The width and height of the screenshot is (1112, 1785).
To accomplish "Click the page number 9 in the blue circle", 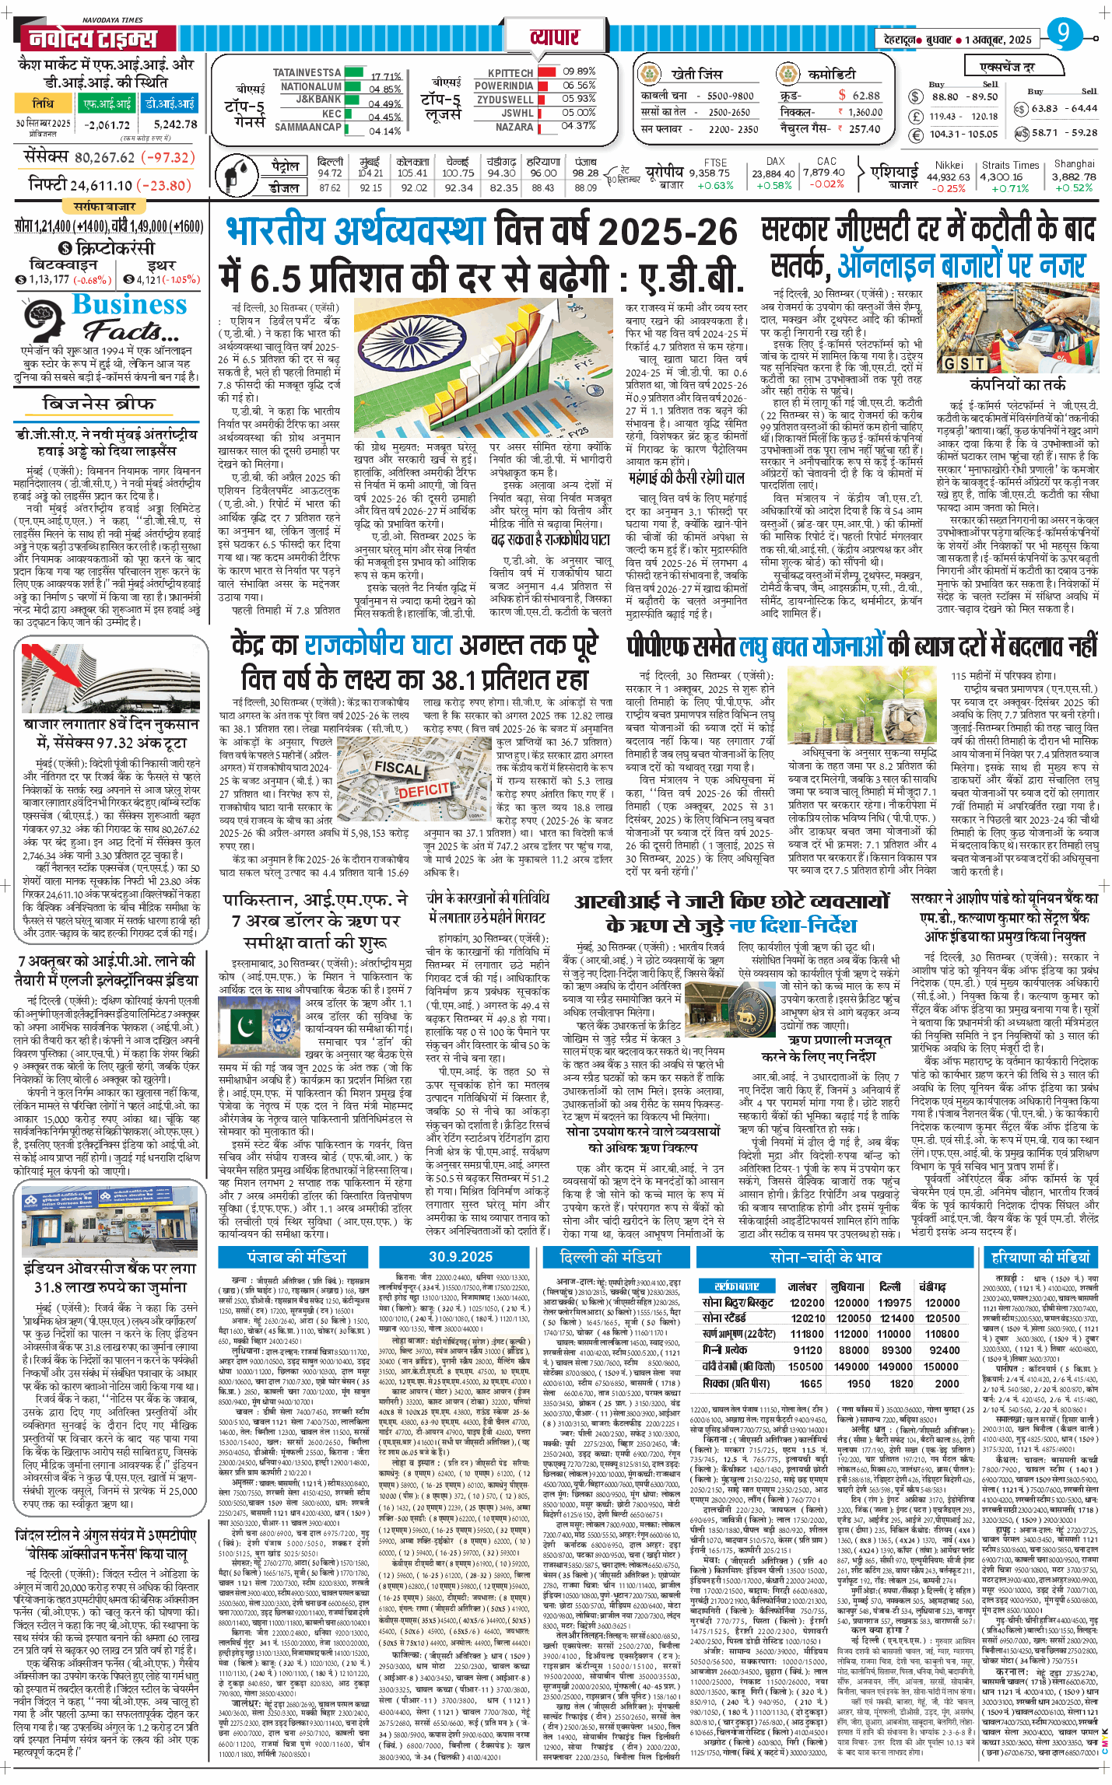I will (x=1064, y=33).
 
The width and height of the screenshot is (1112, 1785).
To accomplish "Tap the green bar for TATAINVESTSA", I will (x=353, y=72).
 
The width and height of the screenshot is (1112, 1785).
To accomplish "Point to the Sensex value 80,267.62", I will (x=104, y=157).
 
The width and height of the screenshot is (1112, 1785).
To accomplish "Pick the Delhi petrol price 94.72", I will (x=329, y=173).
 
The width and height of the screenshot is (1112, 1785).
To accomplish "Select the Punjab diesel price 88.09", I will (x=585, y=187).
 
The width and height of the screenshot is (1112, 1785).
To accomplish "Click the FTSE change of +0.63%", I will (x=715, y=185).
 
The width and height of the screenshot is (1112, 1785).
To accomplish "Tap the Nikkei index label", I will (x=949, y=165).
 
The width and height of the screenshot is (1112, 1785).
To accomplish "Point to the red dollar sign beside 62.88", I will (x=842, y=95).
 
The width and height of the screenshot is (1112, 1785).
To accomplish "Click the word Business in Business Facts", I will (x=129, y=304).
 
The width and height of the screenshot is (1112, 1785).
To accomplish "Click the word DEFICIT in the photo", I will (x=424, y=789).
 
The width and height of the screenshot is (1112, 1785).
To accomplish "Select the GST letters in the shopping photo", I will (x=965, y=363).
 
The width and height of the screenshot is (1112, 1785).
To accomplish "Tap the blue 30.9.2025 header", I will (x=460, y=1256).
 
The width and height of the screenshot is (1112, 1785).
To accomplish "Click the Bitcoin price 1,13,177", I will (x=48, y=279).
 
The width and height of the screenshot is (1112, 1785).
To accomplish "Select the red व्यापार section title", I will (x=555, y=37).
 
